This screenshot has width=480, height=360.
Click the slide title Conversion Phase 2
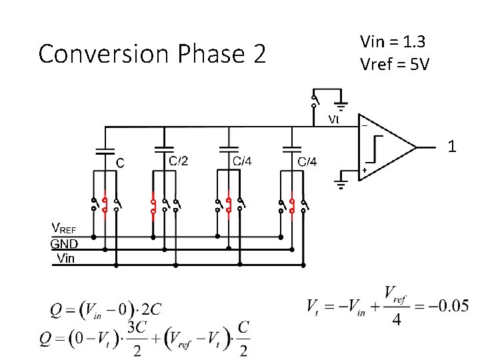pyautogui.click(x=152, y=53)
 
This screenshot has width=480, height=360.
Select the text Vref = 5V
pyautogui.click(x=394, y=65)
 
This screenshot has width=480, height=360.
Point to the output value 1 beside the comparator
pyautogui.click(x=452, y=146)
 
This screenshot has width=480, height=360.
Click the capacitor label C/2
pyautogui.click(x=178, y=161)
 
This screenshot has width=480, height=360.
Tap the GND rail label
pyautogui.click(x=65, y=244)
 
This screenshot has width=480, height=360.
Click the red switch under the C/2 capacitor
pyautogui.click(x=153, y=206)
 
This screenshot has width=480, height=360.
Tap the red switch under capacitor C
pyautogui.click(x=105, y=206)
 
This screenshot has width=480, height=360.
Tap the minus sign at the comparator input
pyautogui.click(x=364, y=125)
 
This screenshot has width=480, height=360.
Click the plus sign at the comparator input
pyautogui.click(x=365, y=171)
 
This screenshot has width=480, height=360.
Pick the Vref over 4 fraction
pyautogui.click(x=396, y=307)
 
